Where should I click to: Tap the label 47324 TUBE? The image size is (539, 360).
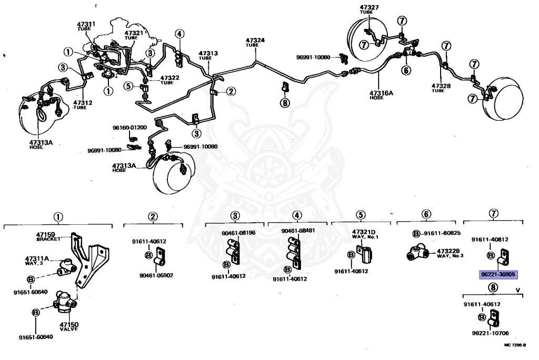click(x=255, y=42)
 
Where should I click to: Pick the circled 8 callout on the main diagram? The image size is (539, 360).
click(x=285, y=103)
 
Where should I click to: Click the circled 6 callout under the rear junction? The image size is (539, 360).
click(x=406, y=69)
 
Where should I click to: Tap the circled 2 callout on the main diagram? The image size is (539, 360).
click(x=231, y=91)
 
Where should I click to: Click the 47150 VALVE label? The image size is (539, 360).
click(x=68, y=326)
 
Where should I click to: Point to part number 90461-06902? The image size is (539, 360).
click(x=156, y=275)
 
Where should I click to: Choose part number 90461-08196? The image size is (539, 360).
click(x=238, y=232)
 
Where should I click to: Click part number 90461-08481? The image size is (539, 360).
click(x=298, y=231)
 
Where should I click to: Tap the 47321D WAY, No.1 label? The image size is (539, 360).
click(x=364, y=234)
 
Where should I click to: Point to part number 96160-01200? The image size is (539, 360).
click(x=129, y=127)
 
